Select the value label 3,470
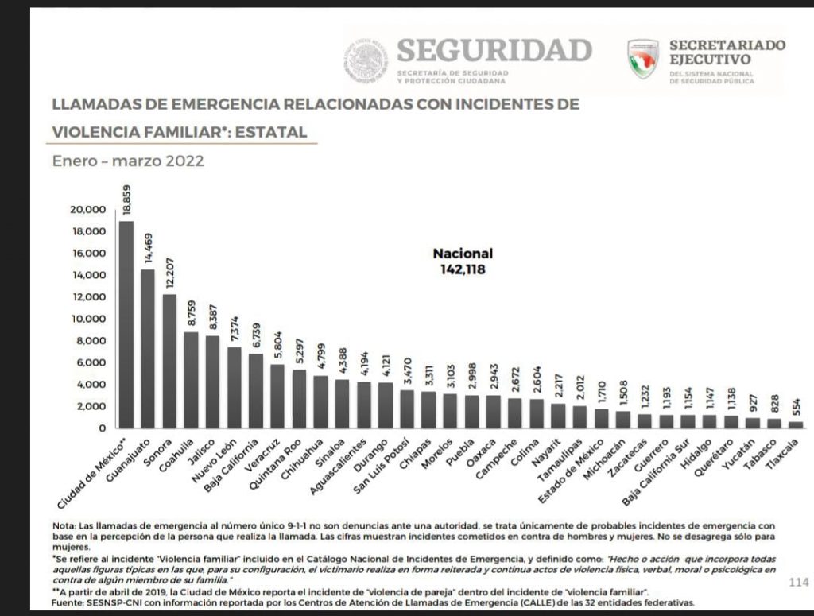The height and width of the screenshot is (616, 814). click(x=407, y=372)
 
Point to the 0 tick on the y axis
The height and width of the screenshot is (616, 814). click(x=101, y=428)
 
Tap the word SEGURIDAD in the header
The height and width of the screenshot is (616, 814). click(x=494, y=50)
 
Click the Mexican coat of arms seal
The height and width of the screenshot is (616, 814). click(x=366, y=62)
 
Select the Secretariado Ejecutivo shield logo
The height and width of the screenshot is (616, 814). click(x=642, y=59)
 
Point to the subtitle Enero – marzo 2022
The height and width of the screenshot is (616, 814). click(x=128, y=161)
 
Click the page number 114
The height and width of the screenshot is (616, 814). click(x=798, y=583)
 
